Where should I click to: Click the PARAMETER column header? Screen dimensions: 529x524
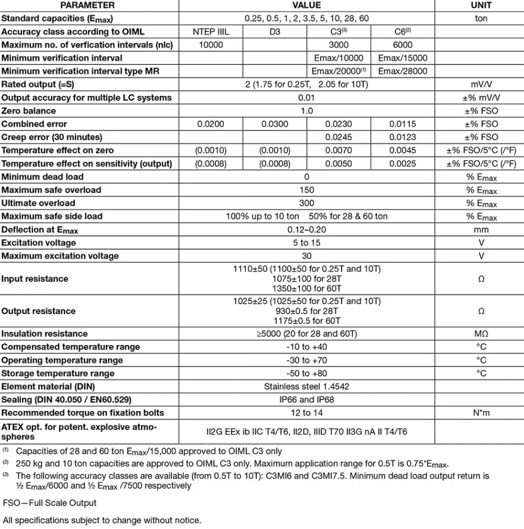pyautogui.click(x=88, y=5)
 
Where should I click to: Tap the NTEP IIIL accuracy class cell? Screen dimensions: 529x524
pyautogui.click(x=210, y=31)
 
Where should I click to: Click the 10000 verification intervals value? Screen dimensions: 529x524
pyautogui.click(x=210, y=45)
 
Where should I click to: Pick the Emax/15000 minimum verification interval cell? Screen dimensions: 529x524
pyautogui.click(x=403, y=58)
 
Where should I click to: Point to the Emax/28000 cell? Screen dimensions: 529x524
pyautogui.click(x=403, y=71)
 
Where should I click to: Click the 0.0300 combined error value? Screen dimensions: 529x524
pyautogui.click(x=274, y=124)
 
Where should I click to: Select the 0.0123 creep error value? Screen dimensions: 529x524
pyautogui.click(x=403, y=137)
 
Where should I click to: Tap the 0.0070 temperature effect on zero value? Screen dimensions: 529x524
pyautogui.click(x=338, y=150)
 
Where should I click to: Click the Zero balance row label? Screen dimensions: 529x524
pyautogui.click(x=29, y=111)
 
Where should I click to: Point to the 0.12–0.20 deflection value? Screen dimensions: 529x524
pyautogui.click(x=306, y=230)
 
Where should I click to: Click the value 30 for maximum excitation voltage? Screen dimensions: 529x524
pyautogui.click(x=306, y=256)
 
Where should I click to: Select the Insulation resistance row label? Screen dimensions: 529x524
pyautogui.click(x=45, y=334)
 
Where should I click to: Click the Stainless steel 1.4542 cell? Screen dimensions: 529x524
pyautogui.click(x=306, y=387)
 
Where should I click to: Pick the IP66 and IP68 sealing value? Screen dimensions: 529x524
pyautogui.click(x=306, y=400)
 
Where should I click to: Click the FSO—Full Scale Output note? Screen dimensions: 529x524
pyautogui.click(x=50, y=503)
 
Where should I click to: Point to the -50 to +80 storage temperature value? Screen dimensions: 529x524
pyautogui.click(x=306, y=374)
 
